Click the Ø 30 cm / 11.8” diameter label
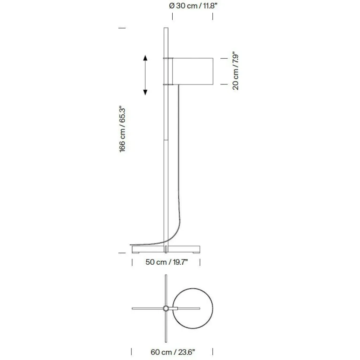[x=193, y=6]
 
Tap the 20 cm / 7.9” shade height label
[x=236, y=72]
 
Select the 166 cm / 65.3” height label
[x=122, y=129]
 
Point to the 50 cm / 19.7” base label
[x=167, y=262]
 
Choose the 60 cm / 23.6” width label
[x=173, y=352]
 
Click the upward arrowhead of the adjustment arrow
[x=145, y=58]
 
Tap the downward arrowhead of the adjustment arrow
[x=145, y=92]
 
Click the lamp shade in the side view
[x=193, y=71]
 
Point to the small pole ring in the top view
[x=166, y=308]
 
